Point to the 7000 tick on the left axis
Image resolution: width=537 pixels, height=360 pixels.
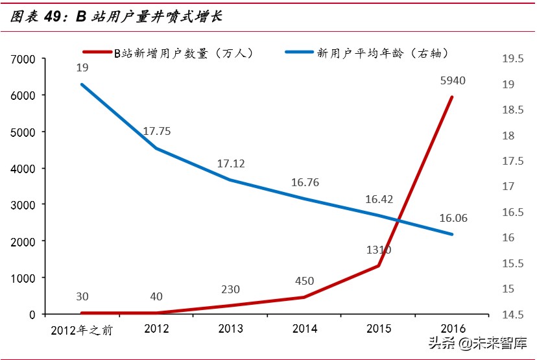tap(23, 59)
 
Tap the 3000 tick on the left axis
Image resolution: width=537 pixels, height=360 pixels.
tap(23, 205)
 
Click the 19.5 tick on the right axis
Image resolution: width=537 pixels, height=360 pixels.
tap(512, 59)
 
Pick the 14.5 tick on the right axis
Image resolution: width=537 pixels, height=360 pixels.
tap(512, 315)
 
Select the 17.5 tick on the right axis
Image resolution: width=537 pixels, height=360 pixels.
tap(512, 161)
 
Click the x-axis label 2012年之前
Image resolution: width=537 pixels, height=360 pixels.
tap(82, 330)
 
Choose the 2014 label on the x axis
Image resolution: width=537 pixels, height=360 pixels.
tap(304, 329)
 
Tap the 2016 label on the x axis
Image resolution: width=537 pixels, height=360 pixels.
tap(452, 329)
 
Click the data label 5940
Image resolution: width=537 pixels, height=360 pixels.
tap(452, 81)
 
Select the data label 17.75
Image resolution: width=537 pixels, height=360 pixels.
tap(156, 131)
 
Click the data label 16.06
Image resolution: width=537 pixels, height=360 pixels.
tap(453, 218)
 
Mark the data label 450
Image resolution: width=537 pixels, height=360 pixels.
tap(304, 282)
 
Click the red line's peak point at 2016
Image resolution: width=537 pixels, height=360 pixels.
tap(452, 97)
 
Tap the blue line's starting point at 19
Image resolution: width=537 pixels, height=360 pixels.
tap(82, 84)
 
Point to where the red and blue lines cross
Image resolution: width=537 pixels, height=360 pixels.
tap(398, 221)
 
